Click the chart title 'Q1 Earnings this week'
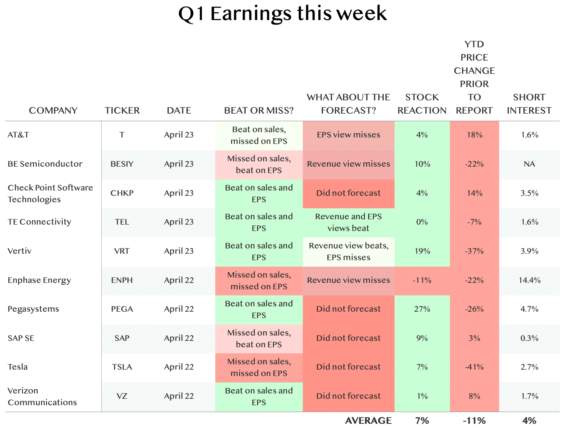pyautogui.click(x=282, y=14)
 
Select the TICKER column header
pyautogui.click(x=122, y=111)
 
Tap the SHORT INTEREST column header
pyautogui.click(x=529, y=104)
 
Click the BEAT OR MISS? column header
pyautogui.click(x=258, y=111)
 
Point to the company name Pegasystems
pyautogui.click(x=33, y=309)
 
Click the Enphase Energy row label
pyautogui.click(x=39, y=280)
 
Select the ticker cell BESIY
pyautogui.click(x=122, y=164)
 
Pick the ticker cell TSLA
pyautogui.click(x=122, y=367)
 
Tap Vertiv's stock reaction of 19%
pyautogui.click(x=422, y=251)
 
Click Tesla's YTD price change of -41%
pyautogui.click(x=474, y=367)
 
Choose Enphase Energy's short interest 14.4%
pyautogui.click(x=529, y=280)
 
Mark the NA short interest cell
pyautogui.click(x=529, y=164)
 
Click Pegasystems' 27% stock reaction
pyautogui.click(x=422, y=309)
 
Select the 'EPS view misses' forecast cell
pyautogui.click(x=349, y=135)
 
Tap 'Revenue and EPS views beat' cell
pyautogui.click(x=349, y=222)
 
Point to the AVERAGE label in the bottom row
pyautogui.click(x=368, y=420)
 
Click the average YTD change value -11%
pyautogui.click(x=474, y=420)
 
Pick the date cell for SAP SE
pyautogui.click(x=179, y=338)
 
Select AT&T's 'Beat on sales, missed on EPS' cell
pyautogui.click(x=259, y=135)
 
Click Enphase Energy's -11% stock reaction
pyautogui.click(x=422, y=280)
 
